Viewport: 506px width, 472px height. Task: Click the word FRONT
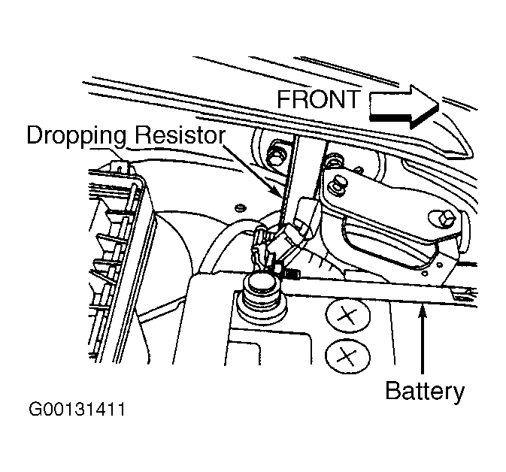319,99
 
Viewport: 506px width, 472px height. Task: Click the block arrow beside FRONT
404,107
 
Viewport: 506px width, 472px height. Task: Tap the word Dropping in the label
76,137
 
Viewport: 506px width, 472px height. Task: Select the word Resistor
180,135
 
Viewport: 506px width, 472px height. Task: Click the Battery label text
425,392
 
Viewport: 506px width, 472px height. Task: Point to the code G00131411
77,410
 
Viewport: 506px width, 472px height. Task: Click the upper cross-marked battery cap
348,315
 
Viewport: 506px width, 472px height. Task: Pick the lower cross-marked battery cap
347,356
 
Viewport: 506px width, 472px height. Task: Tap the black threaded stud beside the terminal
292,274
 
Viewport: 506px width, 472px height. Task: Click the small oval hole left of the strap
239,207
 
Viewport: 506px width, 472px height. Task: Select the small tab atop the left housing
120,166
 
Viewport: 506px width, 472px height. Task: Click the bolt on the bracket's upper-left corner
335,186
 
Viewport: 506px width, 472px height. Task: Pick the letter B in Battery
393,390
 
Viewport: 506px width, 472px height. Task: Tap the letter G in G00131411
35,410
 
